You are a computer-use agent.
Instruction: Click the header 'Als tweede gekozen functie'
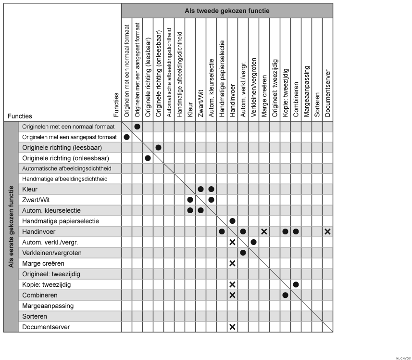227,11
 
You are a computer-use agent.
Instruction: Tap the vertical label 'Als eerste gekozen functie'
11,227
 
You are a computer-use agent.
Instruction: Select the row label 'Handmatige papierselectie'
61,221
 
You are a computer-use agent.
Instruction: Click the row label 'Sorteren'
35,316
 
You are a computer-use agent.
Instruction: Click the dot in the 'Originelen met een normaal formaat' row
137,127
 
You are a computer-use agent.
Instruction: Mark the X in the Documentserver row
232,327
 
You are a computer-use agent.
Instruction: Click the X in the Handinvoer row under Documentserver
327,231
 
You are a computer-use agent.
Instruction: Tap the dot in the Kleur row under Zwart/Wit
200,189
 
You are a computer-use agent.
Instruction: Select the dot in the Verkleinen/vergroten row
243,253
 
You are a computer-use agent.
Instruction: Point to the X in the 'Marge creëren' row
232,263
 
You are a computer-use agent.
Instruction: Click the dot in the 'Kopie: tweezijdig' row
296,284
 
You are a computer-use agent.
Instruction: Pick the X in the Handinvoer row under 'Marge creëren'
264,231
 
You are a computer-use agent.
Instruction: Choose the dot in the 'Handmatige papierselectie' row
232,221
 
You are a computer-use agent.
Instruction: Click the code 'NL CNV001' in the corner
403,357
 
